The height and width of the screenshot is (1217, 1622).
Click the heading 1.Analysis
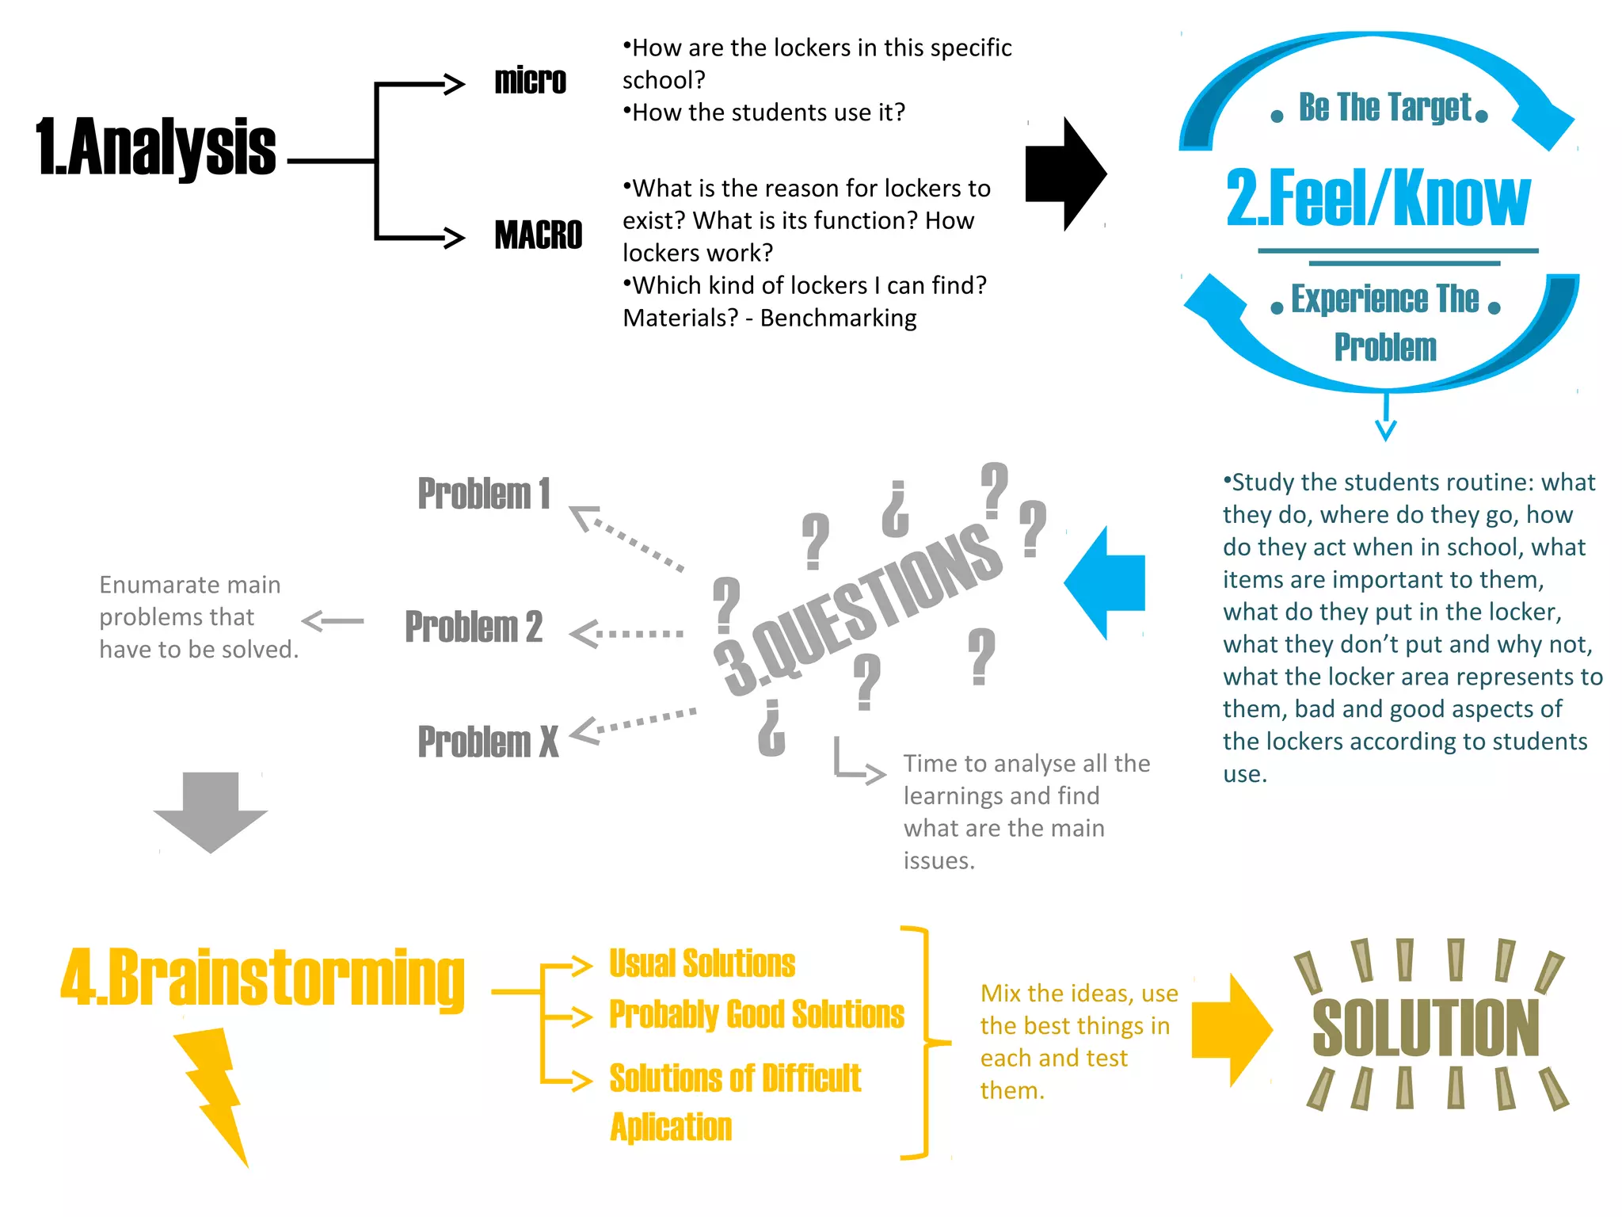[156, 147]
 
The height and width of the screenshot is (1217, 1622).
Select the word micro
[530, 81]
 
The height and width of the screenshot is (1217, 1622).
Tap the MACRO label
[538, 235]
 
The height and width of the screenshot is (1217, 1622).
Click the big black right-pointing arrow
[1064, 174]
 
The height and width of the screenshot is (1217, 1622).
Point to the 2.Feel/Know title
[1378, 198]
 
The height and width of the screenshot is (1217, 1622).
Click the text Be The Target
[1384, 108]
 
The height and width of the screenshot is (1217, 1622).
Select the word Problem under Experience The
[1385, 347]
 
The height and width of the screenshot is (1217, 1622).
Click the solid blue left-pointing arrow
[1104, 582]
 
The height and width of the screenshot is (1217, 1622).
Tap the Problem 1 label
[483, 494]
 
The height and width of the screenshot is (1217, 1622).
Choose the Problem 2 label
[474, 627]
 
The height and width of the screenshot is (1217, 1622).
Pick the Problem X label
[488, 742]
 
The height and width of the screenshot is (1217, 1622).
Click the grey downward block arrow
[211, 811]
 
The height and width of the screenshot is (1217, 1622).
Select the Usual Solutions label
[702, 963]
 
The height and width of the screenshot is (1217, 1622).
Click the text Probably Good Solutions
[756, 1014]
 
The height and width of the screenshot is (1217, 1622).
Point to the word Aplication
[671, 1127]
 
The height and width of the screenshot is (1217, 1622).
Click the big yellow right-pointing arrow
[1231, 1030]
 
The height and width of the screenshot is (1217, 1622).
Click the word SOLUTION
[1426, 1028]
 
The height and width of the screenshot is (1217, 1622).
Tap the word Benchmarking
[838, 318]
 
